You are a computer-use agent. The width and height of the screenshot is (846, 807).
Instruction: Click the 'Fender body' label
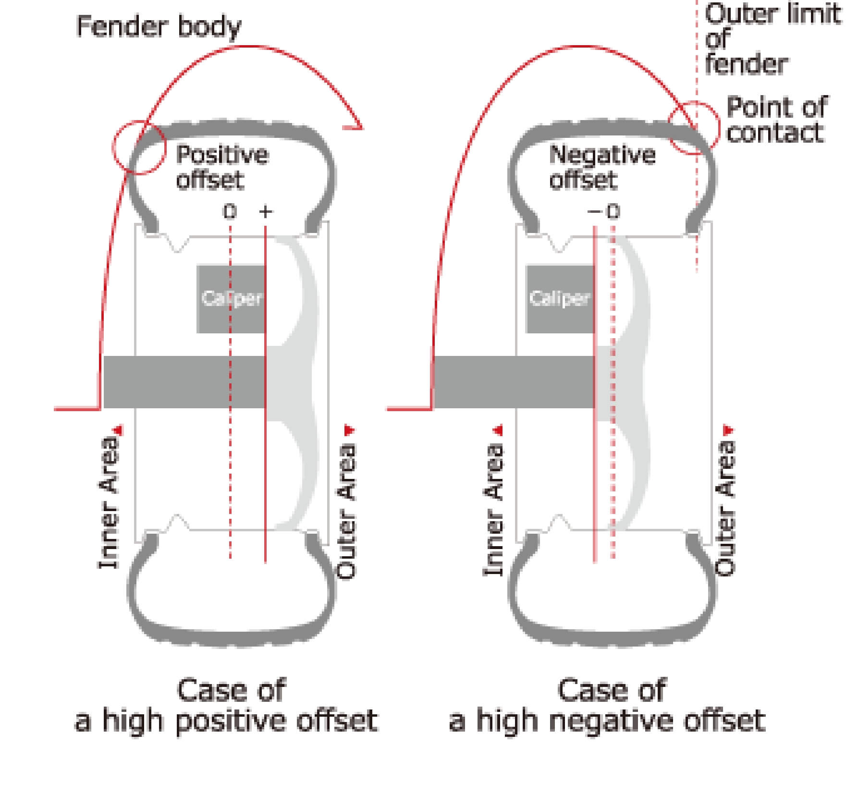(159, 26)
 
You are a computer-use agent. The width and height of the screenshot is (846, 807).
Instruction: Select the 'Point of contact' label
(776, 120)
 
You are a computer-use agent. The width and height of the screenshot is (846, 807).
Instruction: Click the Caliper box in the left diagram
(231, 299)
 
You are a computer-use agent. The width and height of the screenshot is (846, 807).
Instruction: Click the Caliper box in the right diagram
(560, 299)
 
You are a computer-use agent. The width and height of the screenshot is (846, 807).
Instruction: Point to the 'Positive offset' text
(221, 167)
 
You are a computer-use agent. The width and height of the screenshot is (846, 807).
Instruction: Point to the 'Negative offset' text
(602, 167)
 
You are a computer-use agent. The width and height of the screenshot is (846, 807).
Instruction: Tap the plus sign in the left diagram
(266, 211)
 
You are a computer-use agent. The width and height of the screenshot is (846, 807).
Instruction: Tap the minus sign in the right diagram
(594, 211)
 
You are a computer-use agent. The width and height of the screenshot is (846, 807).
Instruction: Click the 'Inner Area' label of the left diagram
(109, 502)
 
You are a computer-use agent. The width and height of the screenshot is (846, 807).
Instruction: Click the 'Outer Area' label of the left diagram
(346, 509)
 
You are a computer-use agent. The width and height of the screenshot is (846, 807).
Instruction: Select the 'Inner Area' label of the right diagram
(493, 509)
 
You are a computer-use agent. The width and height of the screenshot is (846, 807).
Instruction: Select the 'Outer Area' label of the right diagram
(725, 507)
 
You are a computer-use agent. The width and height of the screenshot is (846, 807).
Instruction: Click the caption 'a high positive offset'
(226, 721)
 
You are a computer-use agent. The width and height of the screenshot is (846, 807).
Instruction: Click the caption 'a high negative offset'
(607, 721)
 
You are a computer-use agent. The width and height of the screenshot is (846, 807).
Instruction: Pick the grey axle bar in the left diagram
(184, 382)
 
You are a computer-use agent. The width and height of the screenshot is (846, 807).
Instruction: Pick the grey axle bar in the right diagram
(514, 382)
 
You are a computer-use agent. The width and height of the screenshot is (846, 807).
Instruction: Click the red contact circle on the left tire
(139, 147)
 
